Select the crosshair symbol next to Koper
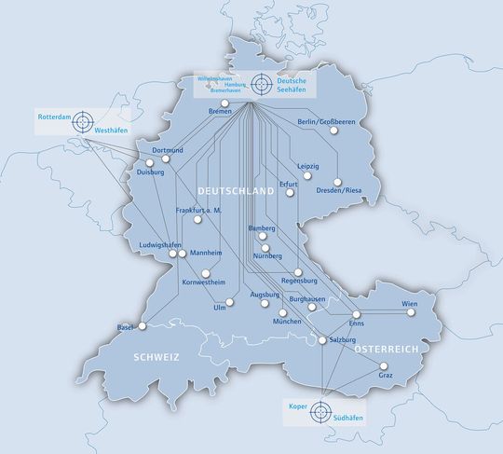coord(320,411)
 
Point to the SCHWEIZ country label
coord(155,357)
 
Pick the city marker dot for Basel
coord(143,326)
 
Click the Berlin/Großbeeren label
coord(327,122)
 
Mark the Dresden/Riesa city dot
coord(339,181)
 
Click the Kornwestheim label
coord(204,281)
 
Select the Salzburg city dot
coord(324,341)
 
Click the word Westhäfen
coord(111,131)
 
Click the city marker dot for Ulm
coord(228,299)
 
